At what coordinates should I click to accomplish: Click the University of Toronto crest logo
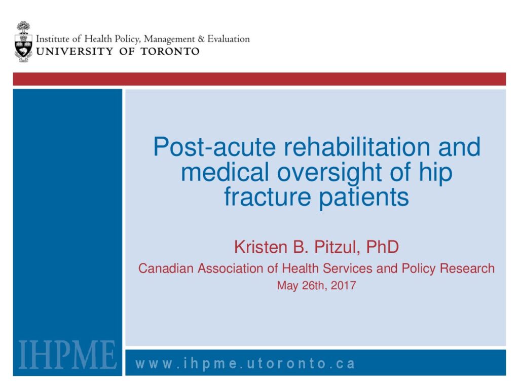pyautogui.click(x=23, y=42)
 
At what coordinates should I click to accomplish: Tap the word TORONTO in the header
pyautogui.click(x=170, y=51)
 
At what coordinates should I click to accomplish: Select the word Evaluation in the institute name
pyautogui.click(x=229, y=39)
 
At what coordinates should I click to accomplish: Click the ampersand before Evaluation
pyautogui.click(x=201, y=39)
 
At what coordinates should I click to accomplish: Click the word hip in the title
pyautogui.click(x=435, y=172)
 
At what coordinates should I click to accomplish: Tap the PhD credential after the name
pyautogui.click(x=382, y=247)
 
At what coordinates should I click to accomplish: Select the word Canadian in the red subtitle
pyautogui.click(x=166, y=268)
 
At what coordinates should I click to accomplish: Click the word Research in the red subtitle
pyautogui.click(x=467, y=268)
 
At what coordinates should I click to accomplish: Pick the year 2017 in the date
pyautogui.click(x=343, y=285)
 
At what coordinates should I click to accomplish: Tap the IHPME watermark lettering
pyautogui.click(x=67, y=354)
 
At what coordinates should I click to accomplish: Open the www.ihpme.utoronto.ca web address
pyautogui.click(x=245, y=364)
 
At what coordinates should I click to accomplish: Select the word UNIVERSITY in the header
pyautogui.click(x=75, y=51)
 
